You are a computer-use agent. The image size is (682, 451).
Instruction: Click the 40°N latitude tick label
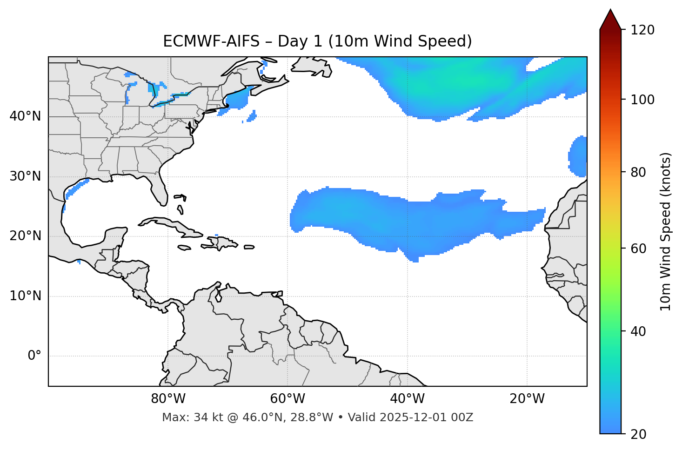coord(25,116)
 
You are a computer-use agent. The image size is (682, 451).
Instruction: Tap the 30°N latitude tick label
coord(25,176)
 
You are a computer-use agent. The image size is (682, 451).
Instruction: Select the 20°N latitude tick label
coord(25,236)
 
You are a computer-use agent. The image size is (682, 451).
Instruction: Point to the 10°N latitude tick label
coord(25,296)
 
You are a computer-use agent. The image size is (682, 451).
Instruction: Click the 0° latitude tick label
coord(34,356)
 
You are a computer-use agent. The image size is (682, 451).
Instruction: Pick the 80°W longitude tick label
coord(168,399)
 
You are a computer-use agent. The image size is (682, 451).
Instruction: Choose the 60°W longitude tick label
coord(288,399)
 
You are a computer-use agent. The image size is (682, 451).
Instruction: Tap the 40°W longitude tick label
coord(407,399)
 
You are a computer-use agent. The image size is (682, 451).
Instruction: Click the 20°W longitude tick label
coord(527,399)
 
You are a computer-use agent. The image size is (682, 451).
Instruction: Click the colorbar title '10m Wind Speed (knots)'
coord(666,231)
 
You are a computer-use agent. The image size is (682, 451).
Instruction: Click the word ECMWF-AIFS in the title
coord(211,41)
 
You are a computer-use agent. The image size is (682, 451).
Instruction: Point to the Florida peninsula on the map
coord(159,188)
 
